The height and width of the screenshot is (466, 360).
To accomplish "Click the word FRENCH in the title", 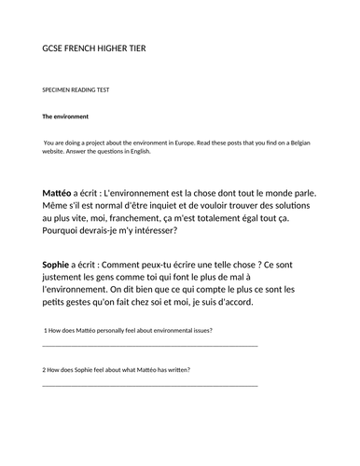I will pyautogui.click(x=80, y=48).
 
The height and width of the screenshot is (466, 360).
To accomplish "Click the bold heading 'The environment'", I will pyautogui.click(x=65, y=116).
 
